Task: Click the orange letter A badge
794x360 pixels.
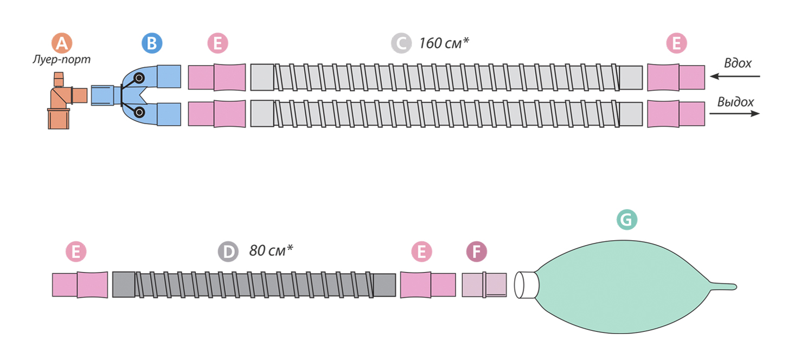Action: (x=62, y=43)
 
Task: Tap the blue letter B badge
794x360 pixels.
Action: (x=152, y=43)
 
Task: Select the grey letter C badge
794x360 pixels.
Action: (x=401, y=43)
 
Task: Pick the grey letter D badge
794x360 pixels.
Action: (x=228, y=252)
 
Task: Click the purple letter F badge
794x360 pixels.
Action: (x=476, y=252)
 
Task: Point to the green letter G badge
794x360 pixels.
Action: (x=627, y=220)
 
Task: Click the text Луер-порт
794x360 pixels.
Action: (x=62, y=59)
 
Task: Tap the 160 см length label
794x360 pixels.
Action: (x=444, y=43)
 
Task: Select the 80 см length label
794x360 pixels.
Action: (x=271, y=251)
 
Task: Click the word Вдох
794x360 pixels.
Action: (x=738, y=63)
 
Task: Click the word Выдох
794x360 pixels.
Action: (x=735, y=102)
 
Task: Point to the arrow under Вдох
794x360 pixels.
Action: (x=735, y=76)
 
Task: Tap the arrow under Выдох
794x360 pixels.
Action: (x=734, y=113)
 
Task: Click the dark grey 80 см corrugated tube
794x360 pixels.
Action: (x=254, y=285)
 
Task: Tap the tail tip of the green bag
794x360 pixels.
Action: (x=736, y=287)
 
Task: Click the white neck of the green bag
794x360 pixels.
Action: (x=527, y=285)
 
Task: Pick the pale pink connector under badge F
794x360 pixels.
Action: (x=484, y=285)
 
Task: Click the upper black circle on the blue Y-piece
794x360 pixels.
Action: (x=139, y=78)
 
